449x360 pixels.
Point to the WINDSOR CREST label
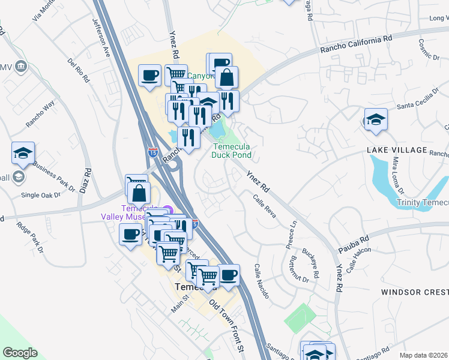[x=414, y=292]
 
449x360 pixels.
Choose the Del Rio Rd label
[x=79, y=70]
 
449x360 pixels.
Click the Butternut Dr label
[x=298, y=270]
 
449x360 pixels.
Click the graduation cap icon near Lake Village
[x=376, y=120]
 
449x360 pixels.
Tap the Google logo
[x=20, y=353]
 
